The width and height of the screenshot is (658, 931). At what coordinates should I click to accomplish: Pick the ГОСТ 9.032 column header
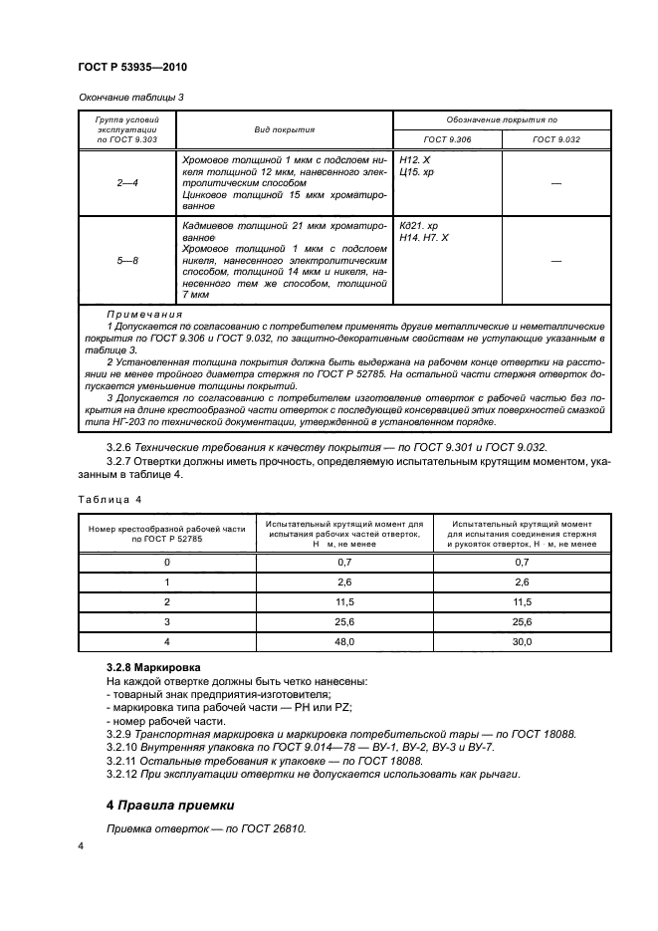554,140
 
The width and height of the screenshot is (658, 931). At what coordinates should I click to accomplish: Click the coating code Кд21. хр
418,227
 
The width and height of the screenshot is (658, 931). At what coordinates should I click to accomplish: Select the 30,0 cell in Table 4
522,642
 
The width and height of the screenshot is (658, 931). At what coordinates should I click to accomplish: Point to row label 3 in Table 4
166,622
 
